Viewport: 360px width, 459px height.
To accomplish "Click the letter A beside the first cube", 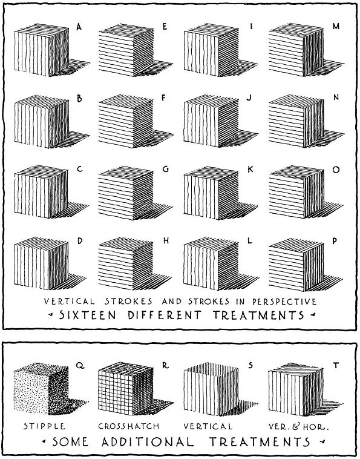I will [x=80, y=27].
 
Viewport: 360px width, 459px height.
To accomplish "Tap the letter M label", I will [x=336, y=27].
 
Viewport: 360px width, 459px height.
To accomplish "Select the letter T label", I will [x=336, y=366].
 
